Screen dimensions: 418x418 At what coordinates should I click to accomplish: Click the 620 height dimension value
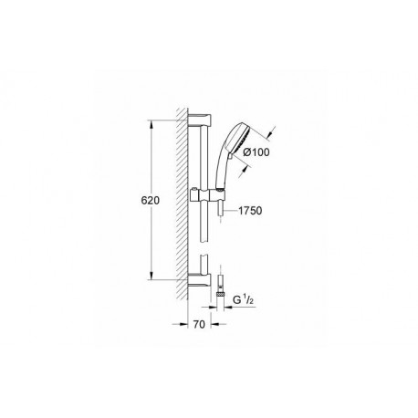151,201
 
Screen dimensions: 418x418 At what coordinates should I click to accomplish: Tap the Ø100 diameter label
256,152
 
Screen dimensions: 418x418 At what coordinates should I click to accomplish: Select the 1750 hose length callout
250,211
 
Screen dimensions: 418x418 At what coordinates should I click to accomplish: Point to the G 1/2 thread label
243,300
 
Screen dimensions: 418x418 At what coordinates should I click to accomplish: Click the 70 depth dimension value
199,324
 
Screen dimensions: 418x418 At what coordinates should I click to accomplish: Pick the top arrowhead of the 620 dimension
151,124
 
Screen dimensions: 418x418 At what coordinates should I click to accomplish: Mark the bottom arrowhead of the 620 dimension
151,276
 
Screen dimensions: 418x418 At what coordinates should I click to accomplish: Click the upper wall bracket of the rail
200,120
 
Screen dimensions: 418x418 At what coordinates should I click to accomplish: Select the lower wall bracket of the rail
200,280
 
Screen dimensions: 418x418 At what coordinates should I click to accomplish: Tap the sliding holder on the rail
207,194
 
